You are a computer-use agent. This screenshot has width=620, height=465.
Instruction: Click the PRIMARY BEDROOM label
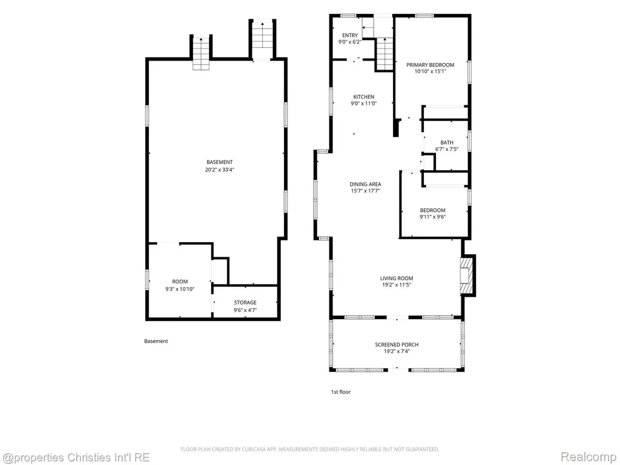[x=430, y=65]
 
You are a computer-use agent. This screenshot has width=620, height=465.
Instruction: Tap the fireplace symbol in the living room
[x=466, y=275]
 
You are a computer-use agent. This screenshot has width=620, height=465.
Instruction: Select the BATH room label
[x=447, y=142]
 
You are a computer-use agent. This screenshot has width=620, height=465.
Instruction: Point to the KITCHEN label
[x=364, y=97]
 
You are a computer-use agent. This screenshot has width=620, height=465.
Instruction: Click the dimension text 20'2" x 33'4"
[x=219, y=170]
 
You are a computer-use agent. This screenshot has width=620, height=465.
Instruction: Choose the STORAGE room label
[x=245, y=303]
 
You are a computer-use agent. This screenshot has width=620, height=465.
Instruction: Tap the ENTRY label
[x=350, y=35]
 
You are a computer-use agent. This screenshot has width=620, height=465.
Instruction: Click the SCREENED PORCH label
[x=397, y=345]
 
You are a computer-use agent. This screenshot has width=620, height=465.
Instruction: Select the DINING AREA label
[x=365, y=184]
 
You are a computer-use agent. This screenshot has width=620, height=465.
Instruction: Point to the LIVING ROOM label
[x=397, y=279]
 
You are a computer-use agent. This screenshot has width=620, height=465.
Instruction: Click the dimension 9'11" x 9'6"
[x=432, y=217]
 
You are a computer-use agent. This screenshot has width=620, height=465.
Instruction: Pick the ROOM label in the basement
[x=180, y=282]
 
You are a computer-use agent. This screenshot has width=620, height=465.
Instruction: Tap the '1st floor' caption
[x=341, y=392]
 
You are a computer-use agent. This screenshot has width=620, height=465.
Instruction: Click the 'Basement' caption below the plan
[x=156, y=341]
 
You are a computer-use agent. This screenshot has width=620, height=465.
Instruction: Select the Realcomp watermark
[x=589, y=457]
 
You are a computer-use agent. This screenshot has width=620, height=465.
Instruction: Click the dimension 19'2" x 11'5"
[x=397, y=285]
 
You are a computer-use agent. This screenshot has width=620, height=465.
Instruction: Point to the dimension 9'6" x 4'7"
[x=245, y=310]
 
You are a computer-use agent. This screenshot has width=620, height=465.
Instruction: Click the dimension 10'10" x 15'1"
[x=430, y=71]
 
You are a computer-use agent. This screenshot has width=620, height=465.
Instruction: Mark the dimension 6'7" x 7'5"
[x=447, y=149]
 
